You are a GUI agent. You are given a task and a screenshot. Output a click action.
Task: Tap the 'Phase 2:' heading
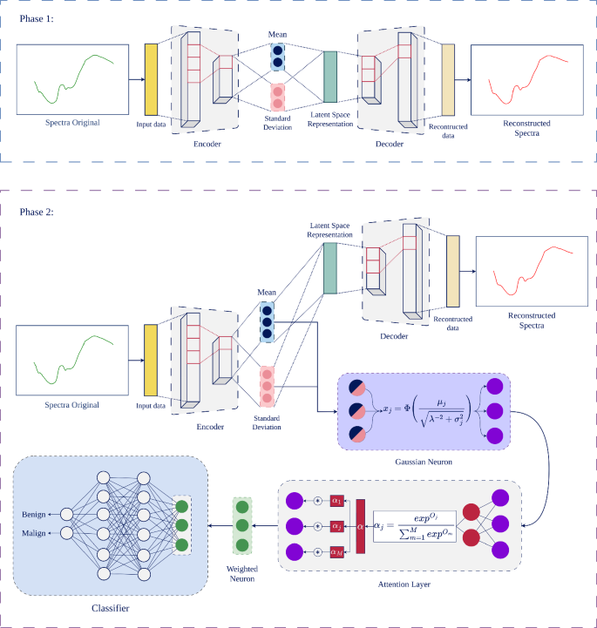36,211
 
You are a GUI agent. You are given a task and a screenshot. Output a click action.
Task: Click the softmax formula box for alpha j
414,526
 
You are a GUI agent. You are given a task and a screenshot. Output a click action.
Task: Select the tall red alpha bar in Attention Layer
358,527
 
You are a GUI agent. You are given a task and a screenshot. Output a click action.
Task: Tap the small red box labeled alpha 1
336,502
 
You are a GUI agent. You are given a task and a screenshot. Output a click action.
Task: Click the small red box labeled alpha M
336,551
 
